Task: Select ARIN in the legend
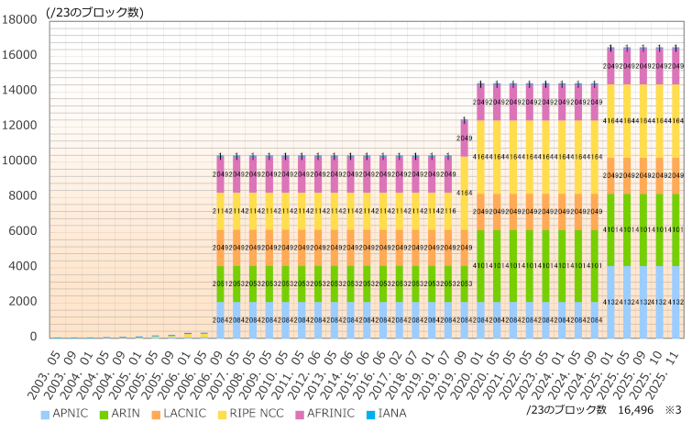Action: click(126, 414)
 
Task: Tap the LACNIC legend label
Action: click(186, 414)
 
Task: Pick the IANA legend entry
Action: click(392, 414)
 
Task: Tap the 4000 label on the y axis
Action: click(21, 267)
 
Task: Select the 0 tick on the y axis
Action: click(31, 338)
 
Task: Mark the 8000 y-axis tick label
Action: click(21, 196)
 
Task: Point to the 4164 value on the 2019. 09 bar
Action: click(465, 193)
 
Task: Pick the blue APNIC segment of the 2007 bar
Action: click(237, 319)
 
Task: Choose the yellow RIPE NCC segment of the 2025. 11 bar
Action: click(676, 120)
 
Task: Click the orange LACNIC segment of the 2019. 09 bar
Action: click(465, 248)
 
